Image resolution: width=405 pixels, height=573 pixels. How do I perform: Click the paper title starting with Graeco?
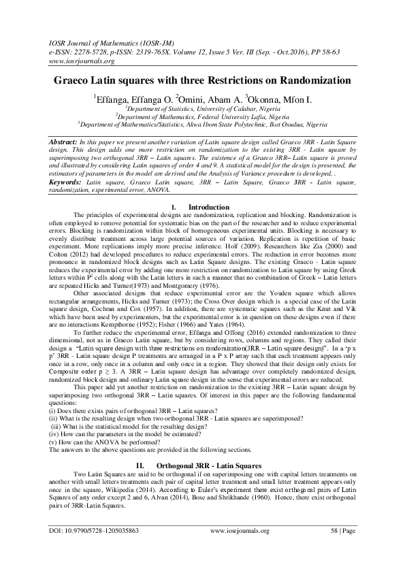202,80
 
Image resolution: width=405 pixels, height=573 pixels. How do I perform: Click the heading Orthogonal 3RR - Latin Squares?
204,465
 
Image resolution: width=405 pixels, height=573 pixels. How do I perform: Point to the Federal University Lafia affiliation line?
202,116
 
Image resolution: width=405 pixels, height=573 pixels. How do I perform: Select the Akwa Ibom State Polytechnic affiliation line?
202,124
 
